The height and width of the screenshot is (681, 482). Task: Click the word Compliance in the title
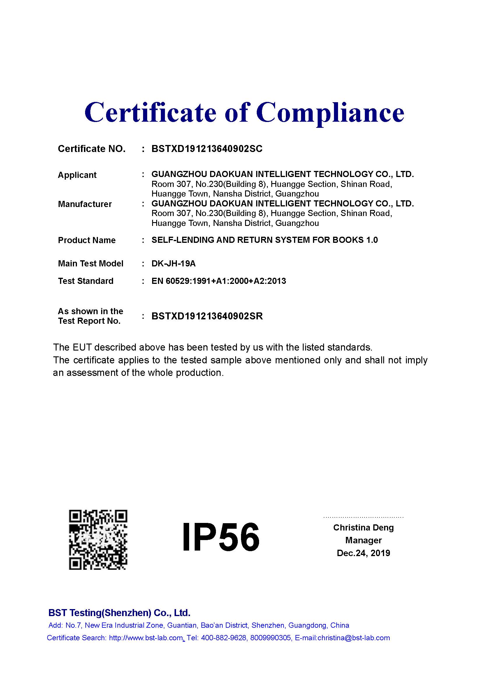330,113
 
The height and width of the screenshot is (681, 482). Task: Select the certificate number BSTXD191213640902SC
207,148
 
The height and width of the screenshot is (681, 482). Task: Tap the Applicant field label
77,175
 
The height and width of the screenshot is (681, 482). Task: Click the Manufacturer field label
85,204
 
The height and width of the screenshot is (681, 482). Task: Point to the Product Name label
87,240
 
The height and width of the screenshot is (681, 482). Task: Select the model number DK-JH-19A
174,263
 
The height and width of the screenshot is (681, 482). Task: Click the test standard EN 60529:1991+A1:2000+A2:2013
219,281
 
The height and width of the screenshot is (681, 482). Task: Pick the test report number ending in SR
207,316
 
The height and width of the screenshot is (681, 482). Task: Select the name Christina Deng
363,527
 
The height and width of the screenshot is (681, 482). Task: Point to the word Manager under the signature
363,540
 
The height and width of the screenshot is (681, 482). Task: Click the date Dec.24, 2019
363,553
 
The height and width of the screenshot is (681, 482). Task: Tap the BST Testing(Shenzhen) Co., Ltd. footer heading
119,613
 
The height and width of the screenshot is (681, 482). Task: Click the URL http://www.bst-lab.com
146,638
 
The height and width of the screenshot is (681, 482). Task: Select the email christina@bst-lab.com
353,638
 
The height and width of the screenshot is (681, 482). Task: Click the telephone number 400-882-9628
224,638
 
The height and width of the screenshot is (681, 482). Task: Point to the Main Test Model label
91,263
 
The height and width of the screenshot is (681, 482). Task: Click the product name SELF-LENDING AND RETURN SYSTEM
264,240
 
